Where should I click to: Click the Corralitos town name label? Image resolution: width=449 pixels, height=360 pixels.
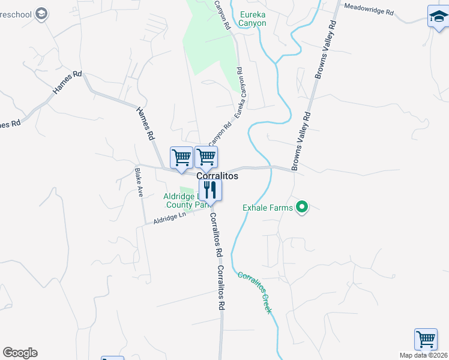click(x=217, y=176)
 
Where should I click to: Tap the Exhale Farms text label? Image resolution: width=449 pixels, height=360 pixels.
click(x=268, y=208)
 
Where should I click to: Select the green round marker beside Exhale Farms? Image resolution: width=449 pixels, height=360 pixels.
click(x=303, y=208)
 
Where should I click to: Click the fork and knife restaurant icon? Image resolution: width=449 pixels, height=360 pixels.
click(x=210, y=191)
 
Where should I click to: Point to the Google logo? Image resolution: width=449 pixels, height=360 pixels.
click(x=20, y=353)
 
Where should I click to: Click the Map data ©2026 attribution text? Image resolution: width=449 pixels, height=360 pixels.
click(x=424, y=355)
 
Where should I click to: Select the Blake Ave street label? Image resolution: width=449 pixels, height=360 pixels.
click(x=140, y=182)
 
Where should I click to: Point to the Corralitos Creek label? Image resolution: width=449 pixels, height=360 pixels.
click(x=255, y=293)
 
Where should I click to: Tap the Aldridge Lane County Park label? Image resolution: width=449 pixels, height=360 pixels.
click(x=184, y=200)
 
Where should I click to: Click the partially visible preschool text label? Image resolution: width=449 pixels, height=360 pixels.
click(x=16, y=14)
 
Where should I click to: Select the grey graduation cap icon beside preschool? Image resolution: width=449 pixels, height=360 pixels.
click(x=41, y=14)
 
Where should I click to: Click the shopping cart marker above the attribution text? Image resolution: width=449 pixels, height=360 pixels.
click(x=426, y=338)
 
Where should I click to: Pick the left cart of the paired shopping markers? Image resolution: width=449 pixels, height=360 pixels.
click(x=181, y=158)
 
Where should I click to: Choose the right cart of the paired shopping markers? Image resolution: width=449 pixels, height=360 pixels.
click(x=206, y=157)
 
